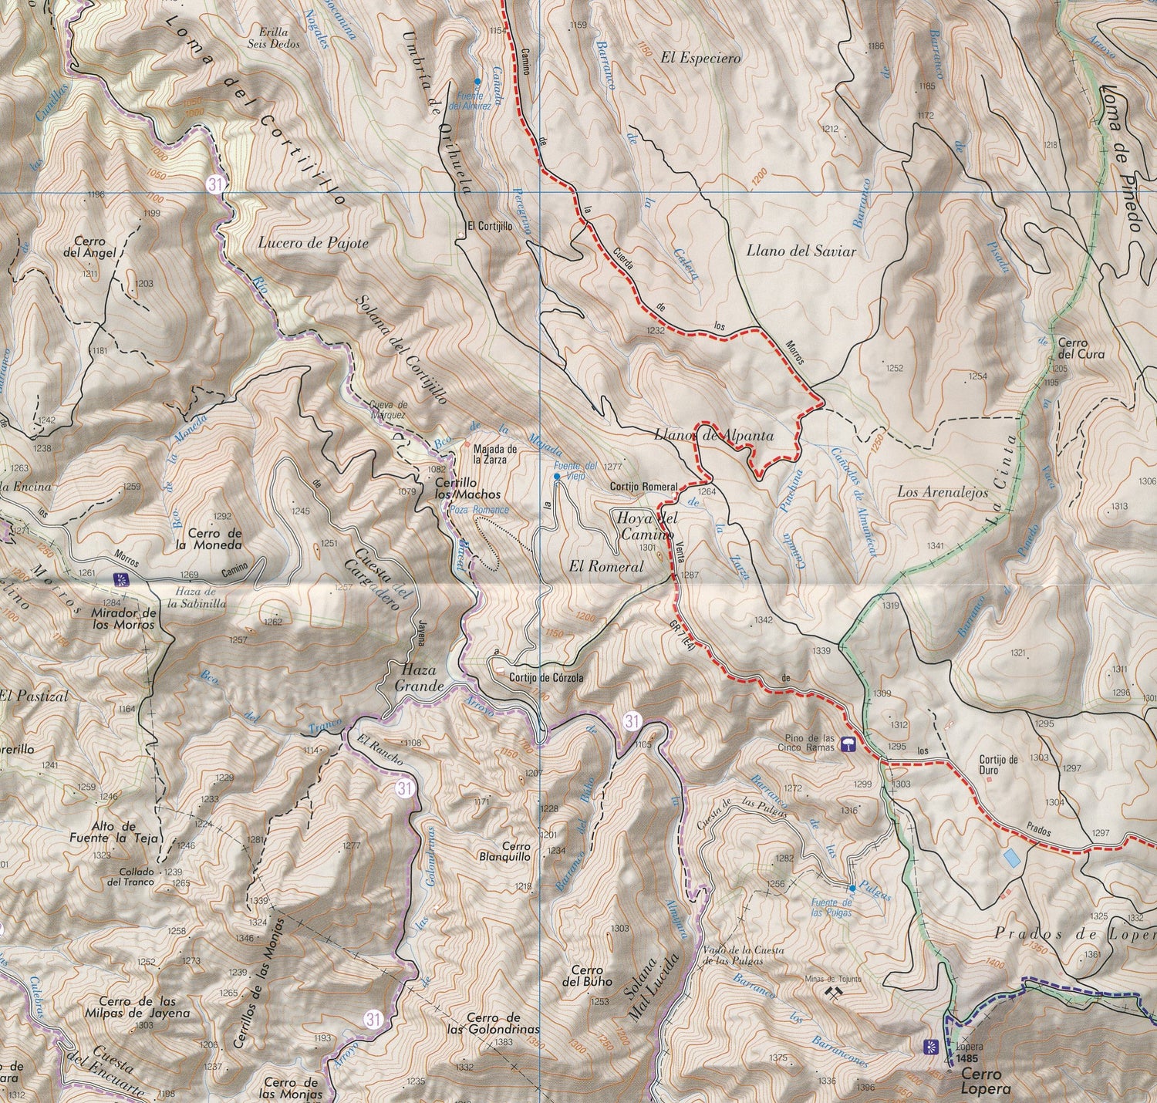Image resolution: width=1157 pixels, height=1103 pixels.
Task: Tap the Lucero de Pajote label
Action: pyautogui.click(x=313, y=244)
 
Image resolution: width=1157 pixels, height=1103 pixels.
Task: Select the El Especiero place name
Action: pyautogui.click(x=700, y=58)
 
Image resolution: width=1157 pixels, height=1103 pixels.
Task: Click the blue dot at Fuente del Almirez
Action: pyautogui.click(x=477, y=81)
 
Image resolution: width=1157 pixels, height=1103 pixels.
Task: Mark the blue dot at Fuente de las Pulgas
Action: pyautogui.click(x=852, y=889)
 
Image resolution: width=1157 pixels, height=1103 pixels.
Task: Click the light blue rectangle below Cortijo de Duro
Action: pyautogui.click(x=1010, y=857)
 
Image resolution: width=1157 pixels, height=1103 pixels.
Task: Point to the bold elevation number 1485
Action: pyautogui.click(x=970, y=1060)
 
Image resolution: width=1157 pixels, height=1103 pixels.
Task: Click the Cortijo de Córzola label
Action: pyautogui.click(x=546, y=678)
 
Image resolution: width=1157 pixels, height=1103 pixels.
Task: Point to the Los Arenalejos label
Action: pyautogui.click(x=943, y=491)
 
